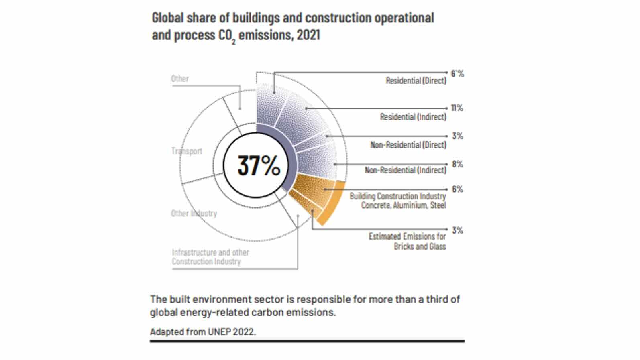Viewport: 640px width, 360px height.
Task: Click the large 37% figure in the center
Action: click(259, 165)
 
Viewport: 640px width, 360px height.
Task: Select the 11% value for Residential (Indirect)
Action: click(457, 108)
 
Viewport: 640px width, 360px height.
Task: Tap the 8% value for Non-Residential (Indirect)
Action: click(457, 164)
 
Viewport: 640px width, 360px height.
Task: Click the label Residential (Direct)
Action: click(416, 81)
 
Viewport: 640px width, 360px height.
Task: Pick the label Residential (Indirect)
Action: click(413, 117)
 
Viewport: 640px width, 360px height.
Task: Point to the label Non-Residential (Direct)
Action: click(408, 145)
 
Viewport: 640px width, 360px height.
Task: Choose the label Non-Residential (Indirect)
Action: click(406, 170)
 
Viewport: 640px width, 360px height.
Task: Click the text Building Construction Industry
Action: click(398, 196)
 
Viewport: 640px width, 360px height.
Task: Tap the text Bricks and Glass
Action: click(420, 246)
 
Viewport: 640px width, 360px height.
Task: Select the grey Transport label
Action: click(187, 151)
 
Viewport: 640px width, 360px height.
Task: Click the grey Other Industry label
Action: click(194, 213)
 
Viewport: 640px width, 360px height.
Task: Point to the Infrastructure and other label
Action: click(210, 252)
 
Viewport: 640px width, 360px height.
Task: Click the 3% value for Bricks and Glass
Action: click(457, 230)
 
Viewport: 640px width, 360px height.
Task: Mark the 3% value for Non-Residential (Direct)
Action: click(457, 136)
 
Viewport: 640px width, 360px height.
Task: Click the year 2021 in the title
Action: click(308, 35)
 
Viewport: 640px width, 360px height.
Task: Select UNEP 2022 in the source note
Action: click(231, 332)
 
